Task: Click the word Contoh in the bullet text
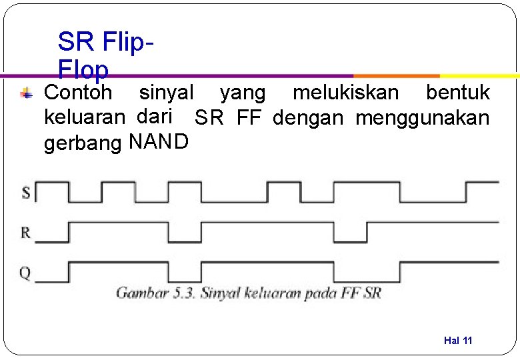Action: (78, 92)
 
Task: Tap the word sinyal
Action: (166, 92)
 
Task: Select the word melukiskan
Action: (346, 92)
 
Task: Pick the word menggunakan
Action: (423, 119)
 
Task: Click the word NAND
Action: (159, 141)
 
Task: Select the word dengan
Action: (308, 119)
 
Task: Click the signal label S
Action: (26, 193)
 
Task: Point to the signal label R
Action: (25, 233)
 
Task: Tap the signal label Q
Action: (25, 273)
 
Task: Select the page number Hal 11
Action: (458, 341)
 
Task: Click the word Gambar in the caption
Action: (141, 293)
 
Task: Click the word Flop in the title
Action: (83, 69)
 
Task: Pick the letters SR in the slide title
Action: (76, 42)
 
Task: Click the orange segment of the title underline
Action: (397, 76)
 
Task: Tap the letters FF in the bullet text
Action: (249, 119)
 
